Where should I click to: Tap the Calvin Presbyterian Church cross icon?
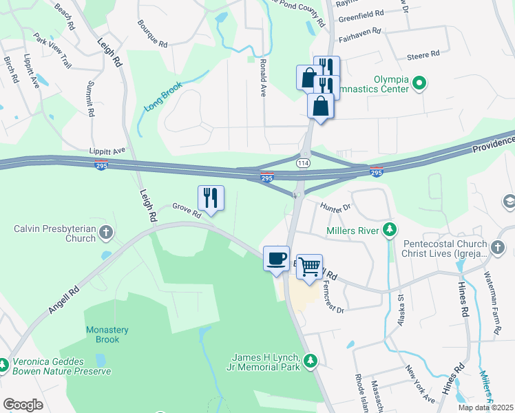click(106, 233)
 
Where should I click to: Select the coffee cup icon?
click(276, 258)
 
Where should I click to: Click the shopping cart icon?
click(310, 266)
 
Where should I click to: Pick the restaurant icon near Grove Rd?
click(211, 198)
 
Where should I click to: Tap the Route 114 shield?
click(302, 162)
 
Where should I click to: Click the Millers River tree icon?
click(390, 230)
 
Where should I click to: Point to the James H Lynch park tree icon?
click(311, 360)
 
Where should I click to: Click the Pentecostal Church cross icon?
click(499, 246)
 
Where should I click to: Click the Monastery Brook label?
click(103, 335)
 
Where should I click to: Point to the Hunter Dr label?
click(335, 206)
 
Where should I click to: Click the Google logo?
click(23, 404)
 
